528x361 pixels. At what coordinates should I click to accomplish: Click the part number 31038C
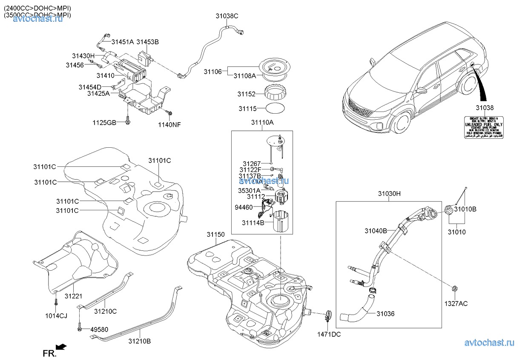coord(227,16)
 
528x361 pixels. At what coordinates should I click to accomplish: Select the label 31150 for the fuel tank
coord(216,235)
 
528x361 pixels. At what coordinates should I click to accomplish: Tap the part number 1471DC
coord(329,334)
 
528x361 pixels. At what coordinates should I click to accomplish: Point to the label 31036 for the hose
coord(385,314)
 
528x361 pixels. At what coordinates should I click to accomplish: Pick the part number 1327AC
coord(456,304)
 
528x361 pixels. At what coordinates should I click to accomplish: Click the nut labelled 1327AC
coord(454,290)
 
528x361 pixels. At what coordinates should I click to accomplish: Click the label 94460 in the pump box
coord(244,207)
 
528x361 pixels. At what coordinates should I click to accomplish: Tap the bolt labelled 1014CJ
coord(56,303)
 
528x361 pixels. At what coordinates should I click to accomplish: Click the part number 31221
coord(73,296)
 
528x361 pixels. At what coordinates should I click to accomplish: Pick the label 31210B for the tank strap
coord(140,341)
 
